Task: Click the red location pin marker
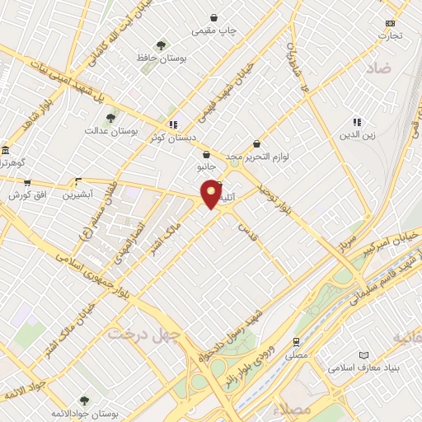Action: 212,193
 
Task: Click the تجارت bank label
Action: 390,36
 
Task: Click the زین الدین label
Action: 357,135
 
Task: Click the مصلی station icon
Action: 295,341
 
